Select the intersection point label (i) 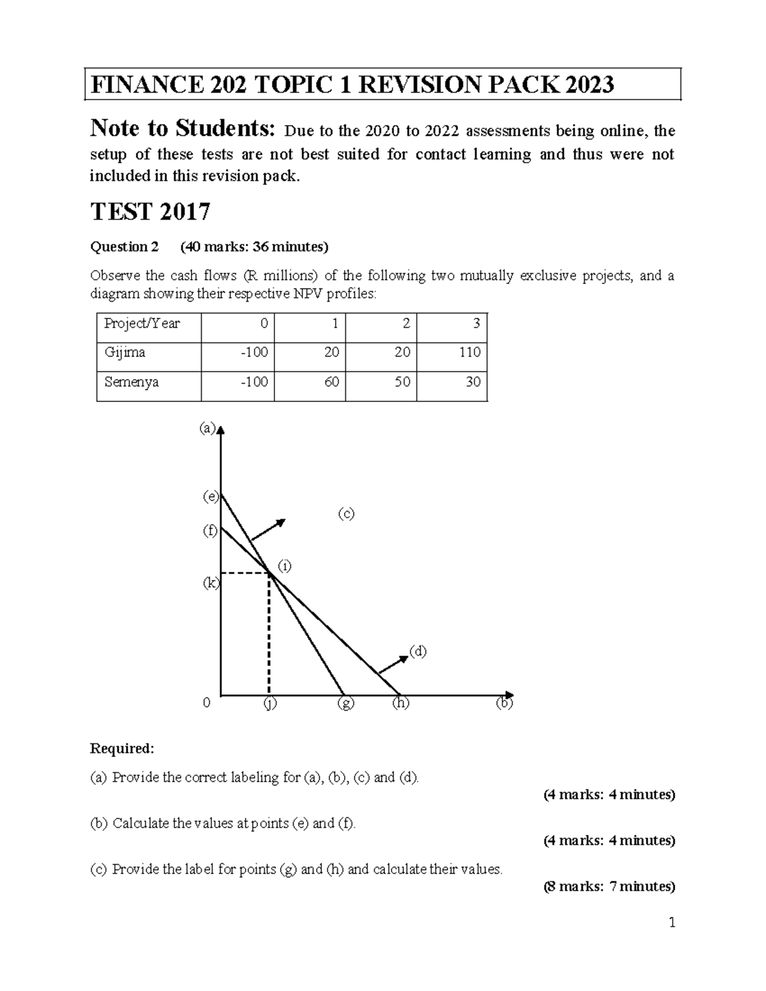coord(284,565)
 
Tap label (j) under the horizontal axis coord(269,704)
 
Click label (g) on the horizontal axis coord(345,704)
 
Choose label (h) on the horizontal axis coord(400,703)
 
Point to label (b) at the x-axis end coord(504,704)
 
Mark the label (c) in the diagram coord(345,513)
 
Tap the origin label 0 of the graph coord(206,703)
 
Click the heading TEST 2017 coord(150,211)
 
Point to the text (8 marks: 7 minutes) coord(608,886)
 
